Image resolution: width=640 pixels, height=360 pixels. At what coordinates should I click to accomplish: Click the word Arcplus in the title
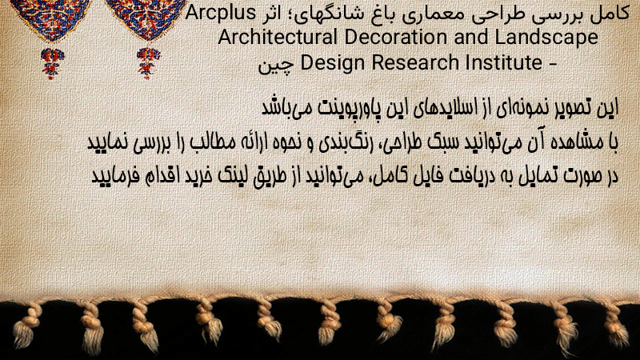(221, 14)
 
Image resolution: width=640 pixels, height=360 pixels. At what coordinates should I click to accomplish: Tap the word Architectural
(278, 37)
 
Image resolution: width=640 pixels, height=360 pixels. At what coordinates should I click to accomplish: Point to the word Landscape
(546, 38)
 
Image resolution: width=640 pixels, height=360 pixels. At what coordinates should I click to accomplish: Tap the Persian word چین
(276, 66)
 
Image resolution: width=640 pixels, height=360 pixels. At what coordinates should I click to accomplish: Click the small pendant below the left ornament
(52, 63)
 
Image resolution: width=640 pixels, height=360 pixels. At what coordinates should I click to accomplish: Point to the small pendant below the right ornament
(148, 63)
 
